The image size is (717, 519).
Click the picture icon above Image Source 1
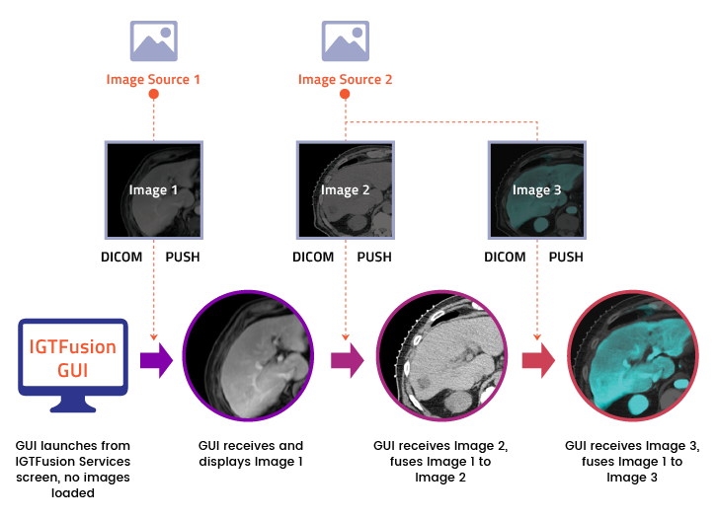(x=153, y=41)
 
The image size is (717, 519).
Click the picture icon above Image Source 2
(x=345, y=41)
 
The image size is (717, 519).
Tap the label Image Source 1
(x=153, y=79)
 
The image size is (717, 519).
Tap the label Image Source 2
(x=345, y=79)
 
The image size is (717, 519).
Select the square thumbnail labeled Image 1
(x=153, y=189)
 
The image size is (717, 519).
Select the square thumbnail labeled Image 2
(x=345, y=189)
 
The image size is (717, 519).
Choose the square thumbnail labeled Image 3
(x=536, y=189)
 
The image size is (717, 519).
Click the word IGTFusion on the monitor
(x=72, y=347)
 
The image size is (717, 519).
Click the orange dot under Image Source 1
(x=153, y=95)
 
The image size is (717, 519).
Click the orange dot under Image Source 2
(x=345, y=95)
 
